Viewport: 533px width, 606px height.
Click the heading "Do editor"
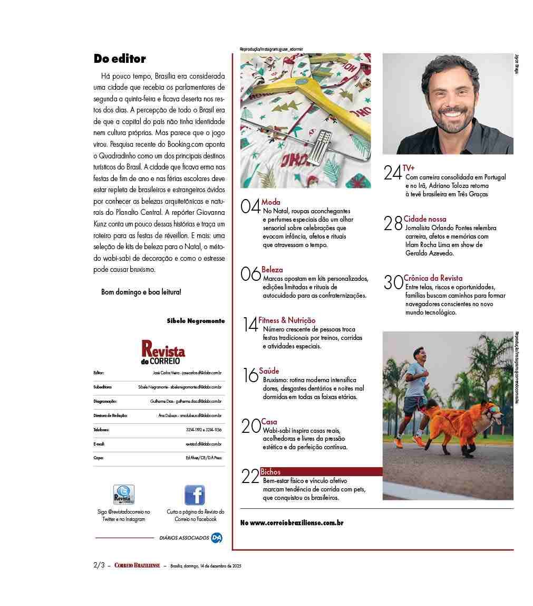[x=120, y=59]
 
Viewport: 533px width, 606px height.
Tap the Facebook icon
[x=195, y=495]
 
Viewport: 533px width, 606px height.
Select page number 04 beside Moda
[x=250, y=206]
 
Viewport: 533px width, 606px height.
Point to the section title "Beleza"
[x=272, y=270]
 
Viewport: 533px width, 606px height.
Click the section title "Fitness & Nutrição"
[x=287, y=320]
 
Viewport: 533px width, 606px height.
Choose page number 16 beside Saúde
[x=250, y=375]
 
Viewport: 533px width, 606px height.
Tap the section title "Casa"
[x=269, y=422]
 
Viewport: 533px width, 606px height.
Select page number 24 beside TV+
[x=392, y=173]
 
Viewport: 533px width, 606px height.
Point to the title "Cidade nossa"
[x=425, y=219]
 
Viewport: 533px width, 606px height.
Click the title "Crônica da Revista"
[x=433, y=278]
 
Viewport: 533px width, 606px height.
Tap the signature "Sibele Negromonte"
[x=196, y=320]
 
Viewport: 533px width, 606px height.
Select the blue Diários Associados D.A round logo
[x=216, y=538]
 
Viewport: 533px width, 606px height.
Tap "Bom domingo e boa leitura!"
[x=141, y=291]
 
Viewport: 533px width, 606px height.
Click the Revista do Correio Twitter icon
[x=124, y=495]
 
